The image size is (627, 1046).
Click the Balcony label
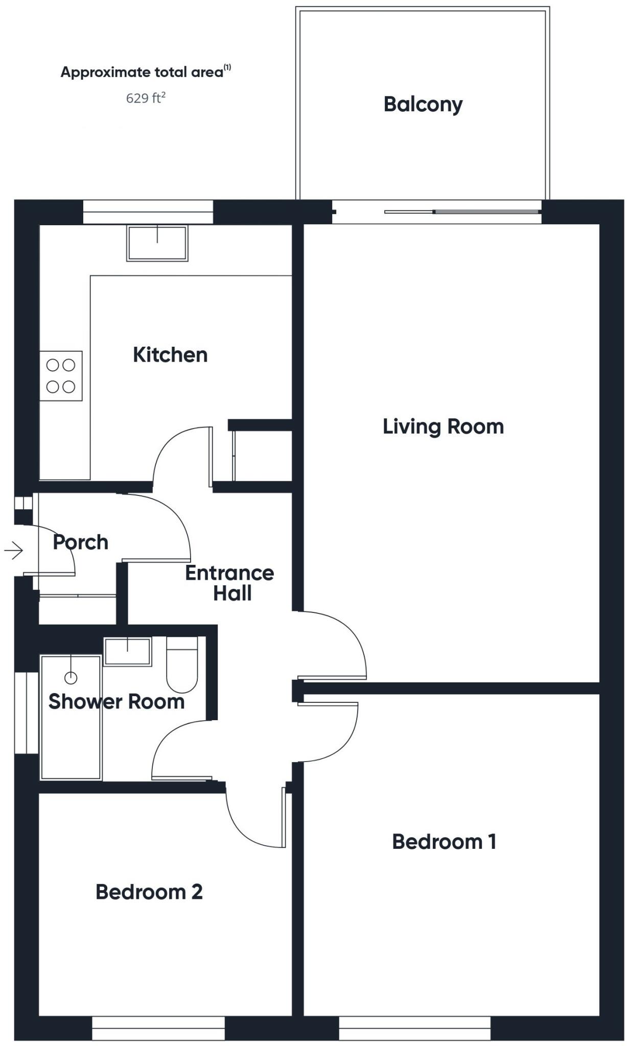[x=423, y=104]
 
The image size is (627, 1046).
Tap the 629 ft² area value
[x=146, y=98]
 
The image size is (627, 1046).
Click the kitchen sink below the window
[x=157, y=243]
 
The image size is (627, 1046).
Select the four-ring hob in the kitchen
[x=61, y=376]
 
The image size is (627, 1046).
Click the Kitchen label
[x=170, y=355]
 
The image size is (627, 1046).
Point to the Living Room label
[x=443, y=426]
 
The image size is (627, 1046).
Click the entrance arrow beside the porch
[x=14, y=551]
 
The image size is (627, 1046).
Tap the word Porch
[x=81, y=542]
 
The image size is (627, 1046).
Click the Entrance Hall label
[x=230, y=583]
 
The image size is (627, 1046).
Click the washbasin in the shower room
[x=128, y=652]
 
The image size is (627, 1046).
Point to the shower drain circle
[x=71, y=678]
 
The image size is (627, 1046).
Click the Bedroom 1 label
[x=444, y=841]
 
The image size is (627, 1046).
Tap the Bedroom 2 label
[x=149, y=892]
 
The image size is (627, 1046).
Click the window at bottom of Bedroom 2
[x=158, y=1028]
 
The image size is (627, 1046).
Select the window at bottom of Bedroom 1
[x=414, y=1028]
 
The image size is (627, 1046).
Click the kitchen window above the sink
[x=148, y=212]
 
